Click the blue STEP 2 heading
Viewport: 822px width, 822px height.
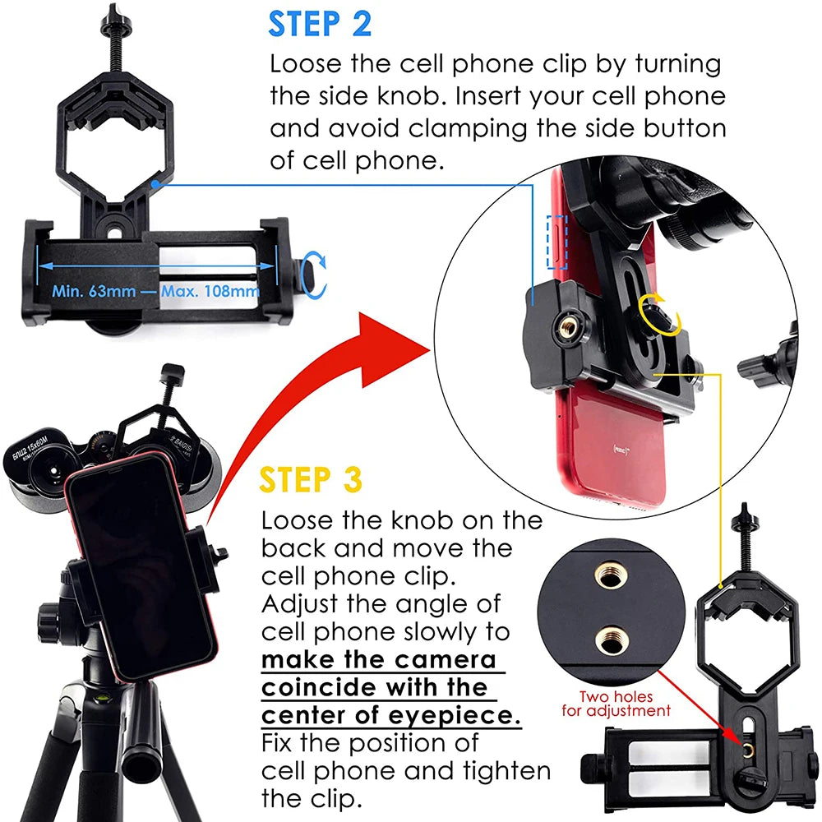tap(320, 24)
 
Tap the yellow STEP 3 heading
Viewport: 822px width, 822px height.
tap(311, 479)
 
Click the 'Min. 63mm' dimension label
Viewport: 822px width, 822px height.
tap(94, 291)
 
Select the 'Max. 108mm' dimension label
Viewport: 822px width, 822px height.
tap(210, 291)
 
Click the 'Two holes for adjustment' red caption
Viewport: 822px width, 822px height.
tap(616, 704)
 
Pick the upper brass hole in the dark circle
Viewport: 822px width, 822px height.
tap(609, 577)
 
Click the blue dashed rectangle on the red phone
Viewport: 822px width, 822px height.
tap(556, 242)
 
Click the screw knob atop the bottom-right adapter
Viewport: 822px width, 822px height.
tap(745, 514)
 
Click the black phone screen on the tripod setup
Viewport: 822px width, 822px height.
tap(141, 566)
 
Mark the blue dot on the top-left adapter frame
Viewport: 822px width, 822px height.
tap(155, 184)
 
